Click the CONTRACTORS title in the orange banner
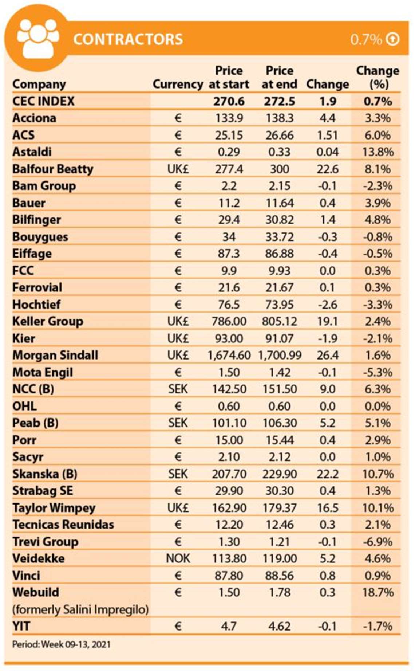tap(128, 39)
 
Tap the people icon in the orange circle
tap(38, 39)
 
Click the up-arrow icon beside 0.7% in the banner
tap(393, 39)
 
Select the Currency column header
tap(178, 84)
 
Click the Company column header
tap(39, 84)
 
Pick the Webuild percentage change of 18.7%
tap(378, 592)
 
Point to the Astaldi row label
tap(32, 152)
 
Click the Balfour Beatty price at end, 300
tap(279, 169)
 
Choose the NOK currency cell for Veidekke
tap(178, 558)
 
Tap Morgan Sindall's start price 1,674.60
tap(229, 355)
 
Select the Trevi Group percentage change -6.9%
tap(378, 542)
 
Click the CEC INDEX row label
tap(43, 101)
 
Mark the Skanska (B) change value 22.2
tap(327, 474)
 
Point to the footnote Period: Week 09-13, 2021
tap(61, 644)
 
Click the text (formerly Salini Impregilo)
tap(80, 609)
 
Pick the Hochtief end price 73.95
tap(279, 305)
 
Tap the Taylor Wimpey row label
tap(54, 508)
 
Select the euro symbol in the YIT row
tap(178, 626)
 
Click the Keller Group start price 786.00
tap(229, 321)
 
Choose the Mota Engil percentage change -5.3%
tap(378, 372)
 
